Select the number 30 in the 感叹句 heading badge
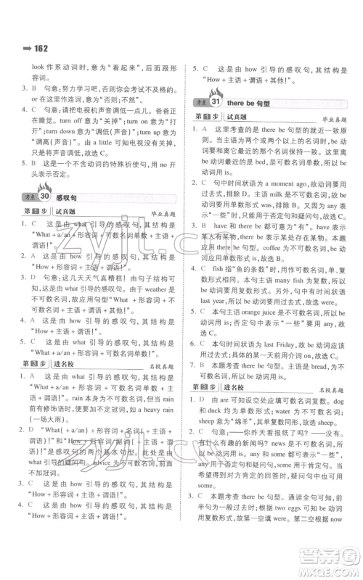(x=43, y=217)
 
